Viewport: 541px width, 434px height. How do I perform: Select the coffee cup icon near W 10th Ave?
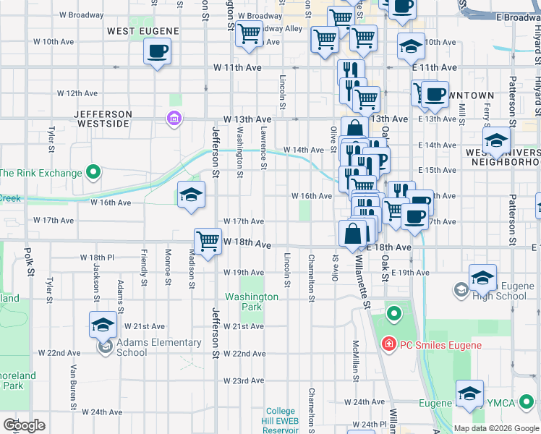tap(157, 51)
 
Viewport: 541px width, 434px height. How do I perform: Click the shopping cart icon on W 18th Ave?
tap(208, 241)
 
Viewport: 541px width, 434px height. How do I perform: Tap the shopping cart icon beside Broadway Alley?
tap(249, 33)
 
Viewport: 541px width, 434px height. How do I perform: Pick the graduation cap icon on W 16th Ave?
tap(191, 195)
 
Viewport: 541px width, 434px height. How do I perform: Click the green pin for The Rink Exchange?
tap(93, 172)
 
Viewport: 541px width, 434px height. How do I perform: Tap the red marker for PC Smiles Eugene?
tap(388, 344)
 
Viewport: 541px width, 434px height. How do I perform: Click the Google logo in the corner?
tap(24, 425)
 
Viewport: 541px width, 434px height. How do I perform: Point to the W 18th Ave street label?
tap(247, 245)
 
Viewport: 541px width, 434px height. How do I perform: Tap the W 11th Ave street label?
tap(237, 67)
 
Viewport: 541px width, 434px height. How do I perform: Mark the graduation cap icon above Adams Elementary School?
tap(103, 324)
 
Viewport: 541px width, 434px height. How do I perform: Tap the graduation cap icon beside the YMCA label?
tap(469, 393)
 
